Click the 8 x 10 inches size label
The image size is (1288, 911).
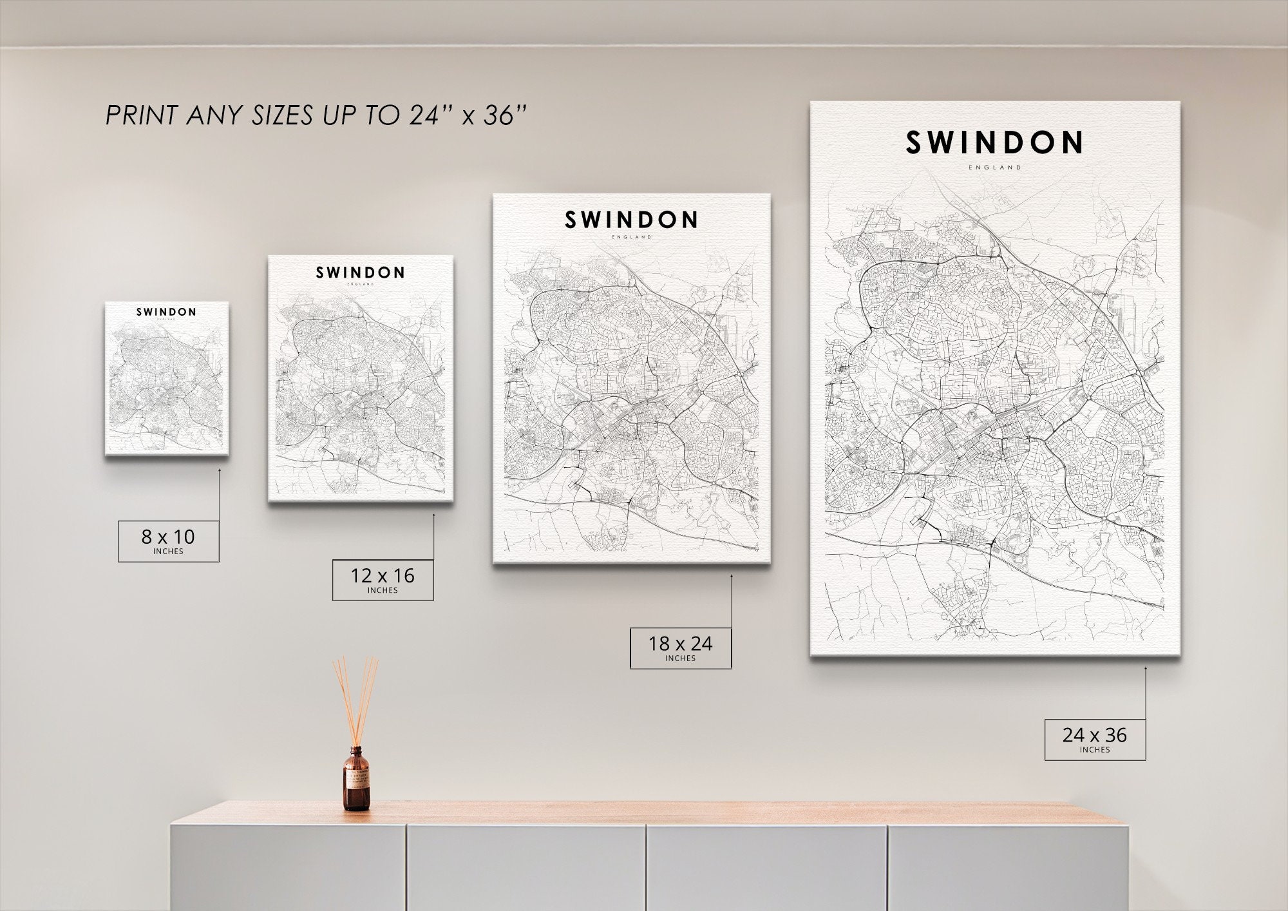tap(168, 541)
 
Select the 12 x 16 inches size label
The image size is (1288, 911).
tap(383, 580)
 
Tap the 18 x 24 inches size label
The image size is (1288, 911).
tap(680, 647)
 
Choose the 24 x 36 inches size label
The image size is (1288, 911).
tap(1095, 739)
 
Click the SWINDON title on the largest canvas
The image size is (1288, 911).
tap(994, 143)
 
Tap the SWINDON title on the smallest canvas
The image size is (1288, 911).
tap(166, 312)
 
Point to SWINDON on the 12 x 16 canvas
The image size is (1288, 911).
tap(360, 273)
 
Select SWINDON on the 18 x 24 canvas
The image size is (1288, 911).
tap(631, 220)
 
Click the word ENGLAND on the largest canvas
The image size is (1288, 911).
tap(995, 168)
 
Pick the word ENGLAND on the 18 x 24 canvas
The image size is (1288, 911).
tap(632, 237)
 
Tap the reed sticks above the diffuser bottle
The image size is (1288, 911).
tap(355, 699)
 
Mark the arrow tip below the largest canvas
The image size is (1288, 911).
tap(1145, 668)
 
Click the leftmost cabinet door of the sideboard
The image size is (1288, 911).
tap(288, 867)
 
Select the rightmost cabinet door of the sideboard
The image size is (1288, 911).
tap(1008, 867)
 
